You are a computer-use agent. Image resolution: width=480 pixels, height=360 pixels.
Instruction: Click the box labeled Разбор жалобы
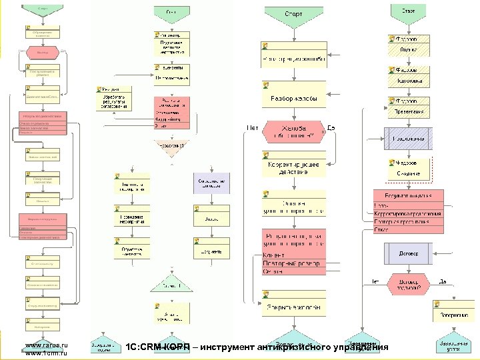[293, 99]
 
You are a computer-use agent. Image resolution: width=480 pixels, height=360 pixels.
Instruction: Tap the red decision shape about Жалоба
[293, 131]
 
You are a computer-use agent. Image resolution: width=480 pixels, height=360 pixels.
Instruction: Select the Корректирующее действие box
[293, 167]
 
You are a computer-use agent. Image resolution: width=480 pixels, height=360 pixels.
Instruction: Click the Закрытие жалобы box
[293, 307]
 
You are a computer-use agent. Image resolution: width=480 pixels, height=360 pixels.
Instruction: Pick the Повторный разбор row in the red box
[293, 263]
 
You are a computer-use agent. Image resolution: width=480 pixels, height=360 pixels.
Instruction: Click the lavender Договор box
[408, 253]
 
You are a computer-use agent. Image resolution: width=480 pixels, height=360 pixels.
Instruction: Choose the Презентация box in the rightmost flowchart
[409, 111]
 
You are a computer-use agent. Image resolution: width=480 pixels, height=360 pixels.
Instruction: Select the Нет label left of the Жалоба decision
[253, 128]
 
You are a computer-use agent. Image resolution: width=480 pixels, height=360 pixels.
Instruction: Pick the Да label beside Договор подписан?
[443, 281]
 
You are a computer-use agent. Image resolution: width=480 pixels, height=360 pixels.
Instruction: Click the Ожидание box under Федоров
[408, 173]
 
